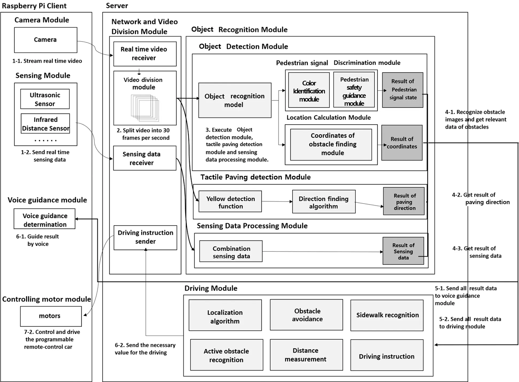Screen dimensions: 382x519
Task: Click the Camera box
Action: point(45,40)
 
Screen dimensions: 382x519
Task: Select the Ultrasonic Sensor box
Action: point(45,99)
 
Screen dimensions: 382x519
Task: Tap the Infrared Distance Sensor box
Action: point(45,124)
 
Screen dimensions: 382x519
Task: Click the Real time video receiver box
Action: point(145,54)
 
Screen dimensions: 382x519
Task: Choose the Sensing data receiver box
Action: point(145,158)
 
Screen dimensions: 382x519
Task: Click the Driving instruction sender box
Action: point(145,237)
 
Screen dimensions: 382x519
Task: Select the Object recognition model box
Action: point(235,100)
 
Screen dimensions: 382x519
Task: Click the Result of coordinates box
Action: point(402,143)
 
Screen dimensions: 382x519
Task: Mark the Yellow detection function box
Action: point(230,202)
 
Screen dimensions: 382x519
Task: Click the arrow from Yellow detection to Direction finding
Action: point(277,201)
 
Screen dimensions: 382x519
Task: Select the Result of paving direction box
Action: point(404,201)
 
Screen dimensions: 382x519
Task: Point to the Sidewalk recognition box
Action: point(387,315)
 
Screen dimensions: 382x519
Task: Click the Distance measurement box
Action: point(306,355)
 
